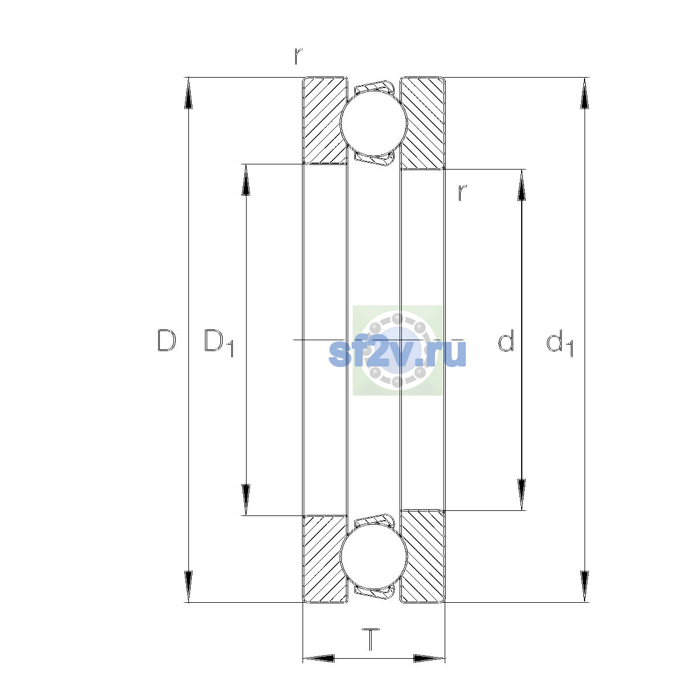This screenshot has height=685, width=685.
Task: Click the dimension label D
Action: (x=167, y=341)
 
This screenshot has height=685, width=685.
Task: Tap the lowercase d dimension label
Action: (x=506, y=340)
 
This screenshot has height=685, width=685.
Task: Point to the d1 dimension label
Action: (x=559, y=342)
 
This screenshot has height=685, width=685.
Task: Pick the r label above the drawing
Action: (x=298, y=56)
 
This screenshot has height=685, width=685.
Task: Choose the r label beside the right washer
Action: (x=462, y=193)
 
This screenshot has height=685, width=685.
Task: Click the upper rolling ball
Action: (x=373, y=123)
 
